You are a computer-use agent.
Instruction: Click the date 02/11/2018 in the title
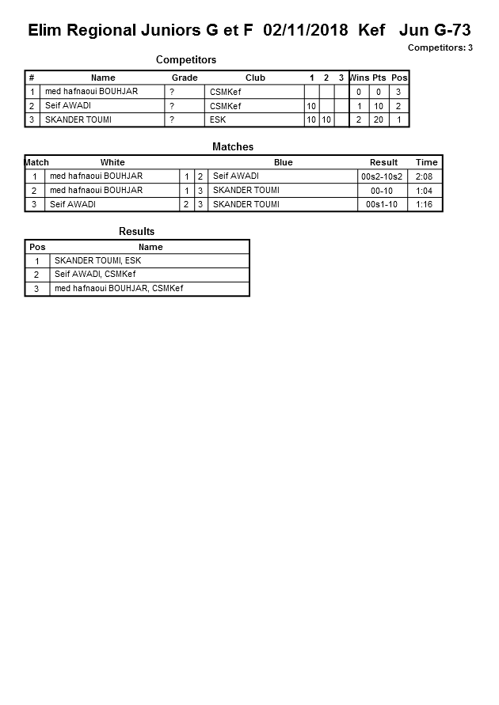point(306,31)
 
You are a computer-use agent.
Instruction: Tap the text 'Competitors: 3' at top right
point(440,48)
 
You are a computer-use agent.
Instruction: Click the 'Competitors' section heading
point(186,60)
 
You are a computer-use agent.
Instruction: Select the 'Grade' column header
point(185,78)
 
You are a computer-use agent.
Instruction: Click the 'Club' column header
point(255,78)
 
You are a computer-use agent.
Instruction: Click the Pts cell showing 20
point(379,120)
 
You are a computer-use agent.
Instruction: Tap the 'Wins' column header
point(360,78)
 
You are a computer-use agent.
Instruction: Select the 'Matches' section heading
point(233,147)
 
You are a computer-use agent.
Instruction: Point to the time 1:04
point(426,191)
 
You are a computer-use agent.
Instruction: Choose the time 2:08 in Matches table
point(426,176)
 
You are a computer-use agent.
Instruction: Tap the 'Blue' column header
point(283,162)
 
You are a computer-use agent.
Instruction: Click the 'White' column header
point(112,162)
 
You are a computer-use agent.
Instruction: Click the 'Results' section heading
point(137,232)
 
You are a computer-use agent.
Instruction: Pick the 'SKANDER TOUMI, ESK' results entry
point(97,260)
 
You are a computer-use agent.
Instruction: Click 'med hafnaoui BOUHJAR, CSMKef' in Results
point(119,289)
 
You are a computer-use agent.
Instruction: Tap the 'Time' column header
point(426,162)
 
